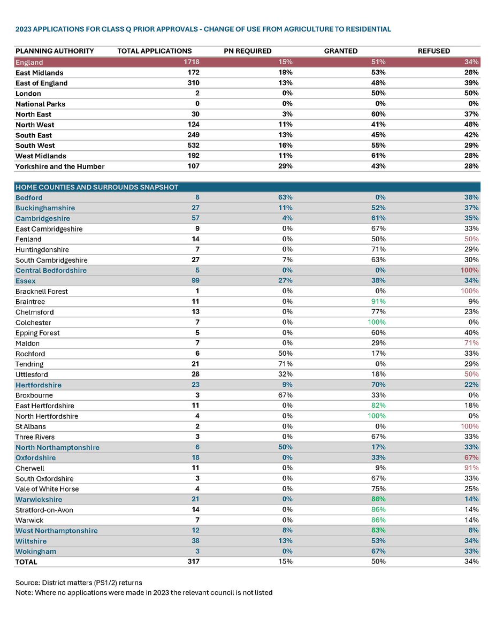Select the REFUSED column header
coord(433,51)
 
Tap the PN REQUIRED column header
coord(247,51)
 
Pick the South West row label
coord(35,146)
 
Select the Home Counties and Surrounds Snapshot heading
coord(96,187)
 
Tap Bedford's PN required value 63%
coord(285,197)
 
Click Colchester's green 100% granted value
coord(376,323)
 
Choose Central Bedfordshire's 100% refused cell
coord(470,271)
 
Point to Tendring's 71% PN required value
coord(285,364)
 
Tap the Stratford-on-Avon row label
coord(44,510)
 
